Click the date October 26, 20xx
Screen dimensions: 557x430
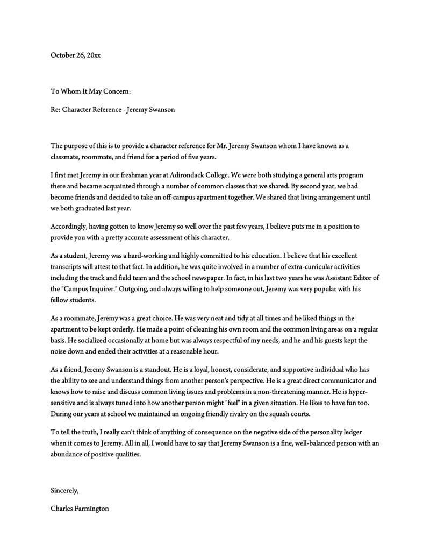[75, 55]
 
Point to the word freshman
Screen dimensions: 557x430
[141, 175]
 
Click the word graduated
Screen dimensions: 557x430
[96, 208]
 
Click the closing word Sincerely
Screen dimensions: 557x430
[64, 490]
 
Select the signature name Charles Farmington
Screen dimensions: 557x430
[80, 508]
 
